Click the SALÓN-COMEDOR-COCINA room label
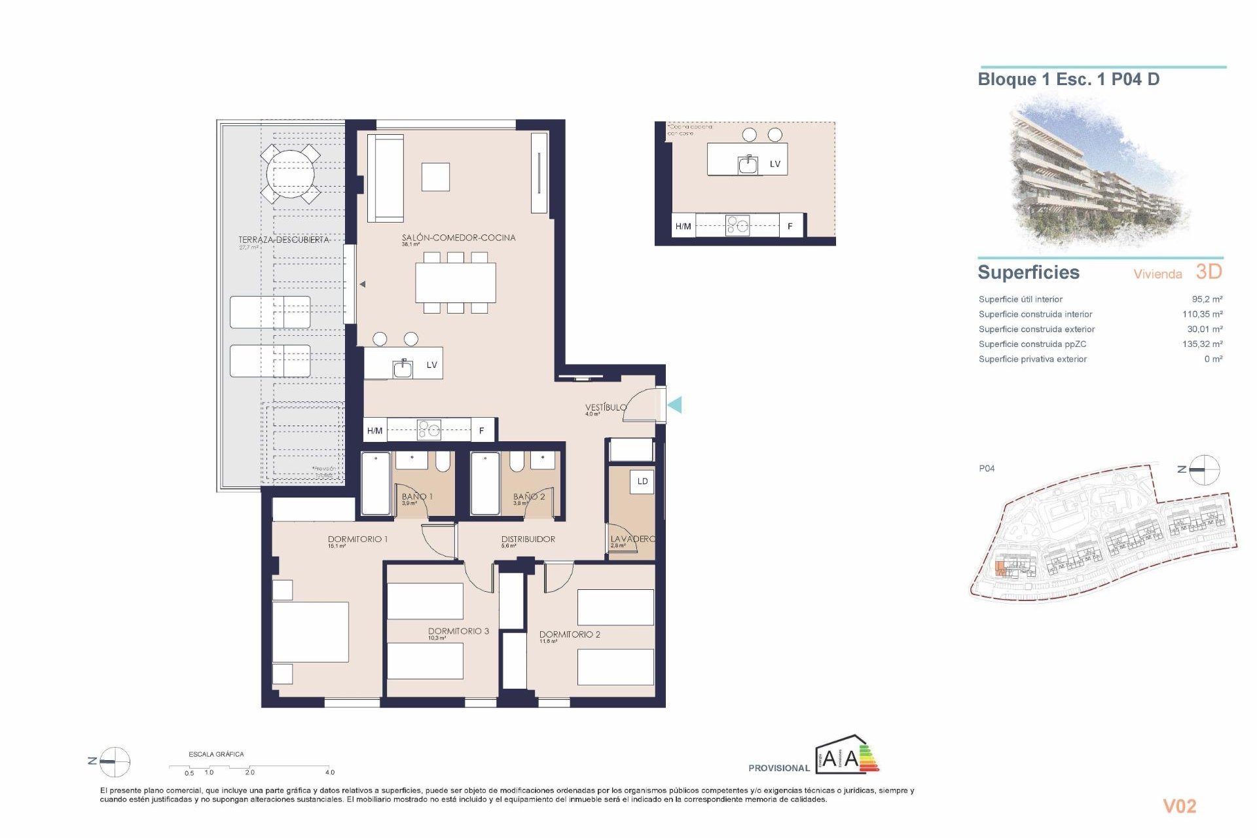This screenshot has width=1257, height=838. point(458,238)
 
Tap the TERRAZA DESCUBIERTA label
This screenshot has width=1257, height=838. point(283,240)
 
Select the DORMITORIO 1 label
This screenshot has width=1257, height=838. point(357,539)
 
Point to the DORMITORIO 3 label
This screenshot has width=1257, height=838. point(458,631)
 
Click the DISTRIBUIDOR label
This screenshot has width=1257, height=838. point(528,539)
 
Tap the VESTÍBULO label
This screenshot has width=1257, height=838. point(606,407)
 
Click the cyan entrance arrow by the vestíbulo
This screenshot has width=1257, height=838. point(675,405)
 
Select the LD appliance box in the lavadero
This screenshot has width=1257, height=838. point(642,481)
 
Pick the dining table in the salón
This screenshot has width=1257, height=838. point(455,283)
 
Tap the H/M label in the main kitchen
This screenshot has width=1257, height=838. point(374,431)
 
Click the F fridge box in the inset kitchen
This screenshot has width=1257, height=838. point(790,226)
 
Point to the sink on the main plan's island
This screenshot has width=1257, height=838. point(403,369)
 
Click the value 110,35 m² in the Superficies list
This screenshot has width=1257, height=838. point(1202,314)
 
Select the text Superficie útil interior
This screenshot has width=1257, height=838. point(1020,299)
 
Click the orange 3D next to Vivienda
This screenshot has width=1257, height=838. point(1209,272)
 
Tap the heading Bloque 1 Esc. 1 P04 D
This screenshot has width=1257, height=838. point(1068,80)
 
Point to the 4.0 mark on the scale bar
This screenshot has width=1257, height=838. point(330,773)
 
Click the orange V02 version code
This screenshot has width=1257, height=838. point(1179,806)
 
